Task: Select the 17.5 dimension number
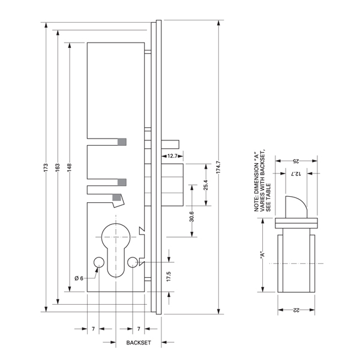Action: click(169, 277)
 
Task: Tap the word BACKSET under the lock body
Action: click(139, 343)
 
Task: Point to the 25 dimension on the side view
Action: click(295, 161)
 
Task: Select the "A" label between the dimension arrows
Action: click(262, 254)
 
